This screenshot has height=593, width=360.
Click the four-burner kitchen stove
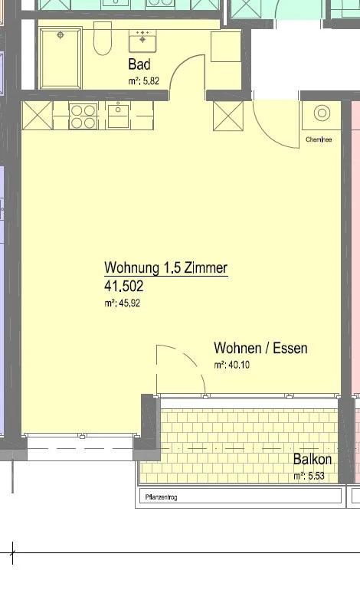(83, 116)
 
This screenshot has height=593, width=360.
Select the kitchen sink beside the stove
(119, 116)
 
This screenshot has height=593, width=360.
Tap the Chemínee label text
(318, 140)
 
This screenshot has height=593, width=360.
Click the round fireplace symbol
(321, 114)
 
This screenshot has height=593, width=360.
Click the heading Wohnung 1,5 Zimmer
(165, 268)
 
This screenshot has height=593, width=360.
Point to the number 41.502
(123, 287)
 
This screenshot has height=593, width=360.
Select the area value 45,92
(123, 303)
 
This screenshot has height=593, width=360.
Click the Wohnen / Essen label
(260, 349)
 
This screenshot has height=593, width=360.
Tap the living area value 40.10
(231, 365)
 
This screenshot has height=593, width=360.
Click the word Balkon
(313, 460)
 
